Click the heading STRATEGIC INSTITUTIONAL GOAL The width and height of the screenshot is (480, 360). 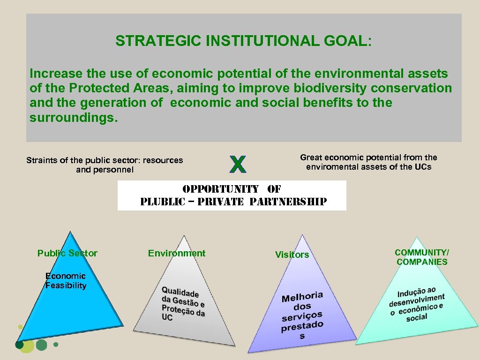(243, 41)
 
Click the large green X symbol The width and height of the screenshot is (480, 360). (238, 164)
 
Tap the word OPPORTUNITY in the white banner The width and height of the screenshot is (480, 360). (220, 189)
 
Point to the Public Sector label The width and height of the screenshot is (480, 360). (67, 254)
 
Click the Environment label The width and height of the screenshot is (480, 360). (177, 254)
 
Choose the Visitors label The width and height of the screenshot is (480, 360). (292, 255)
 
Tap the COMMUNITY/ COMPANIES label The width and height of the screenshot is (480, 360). (422, 257)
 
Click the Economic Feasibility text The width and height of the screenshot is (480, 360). (66, 281)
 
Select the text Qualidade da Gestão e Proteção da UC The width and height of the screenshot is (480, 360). (183, 304)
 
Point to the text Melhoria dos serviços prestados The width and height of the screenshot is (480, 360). (302, 315)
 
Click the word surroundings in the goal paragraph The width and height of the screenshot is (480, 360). (73, 117)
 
